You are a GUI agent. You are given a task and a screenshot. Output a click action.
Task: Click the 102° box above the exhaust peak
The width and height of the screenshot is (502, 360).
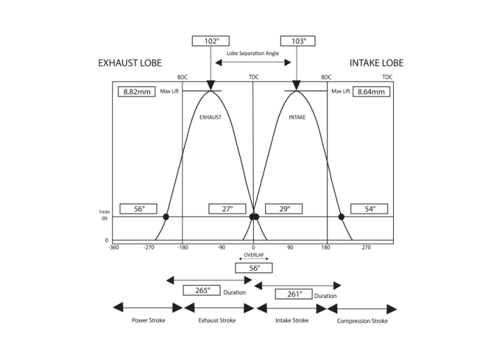click(x=211, y=41)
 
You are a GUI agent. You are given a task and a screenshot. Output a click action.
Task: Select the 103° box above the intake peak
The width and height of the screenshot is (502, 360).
click(x=298, y=41)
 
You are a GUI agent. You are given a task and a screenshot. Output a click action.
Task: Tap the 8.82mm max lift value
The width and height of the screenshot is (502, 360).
click(x=136, y=91)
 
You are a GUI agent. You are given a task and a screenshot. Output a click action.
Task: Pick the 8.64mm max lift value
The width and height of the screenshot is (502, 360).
click(x=371, y=91)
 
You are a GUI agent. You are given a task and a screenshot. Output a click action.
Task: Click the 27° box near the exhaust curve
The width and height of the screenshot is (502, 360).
click(x=227, y=209)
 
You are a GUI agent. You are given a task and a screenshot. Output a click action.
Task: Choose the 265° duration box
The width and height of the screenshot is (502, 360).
click(x=202, y=290)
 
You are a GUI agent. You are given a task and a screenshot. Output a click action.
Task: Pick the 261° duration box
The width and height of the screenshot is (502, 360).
click(x=294, y=294)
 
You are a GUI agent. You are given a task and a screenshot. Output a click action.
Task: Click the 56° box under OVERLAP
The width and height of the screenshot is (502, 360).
click(x=254, y=268)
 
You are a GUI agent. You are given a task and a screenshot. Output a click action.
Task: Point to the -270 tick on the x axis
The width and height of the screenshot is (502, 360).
click(x=149, y=247)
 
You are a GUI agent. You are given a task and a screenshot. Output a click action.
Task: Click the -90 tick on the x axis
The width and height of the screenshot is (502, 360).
click(x=220, y=247)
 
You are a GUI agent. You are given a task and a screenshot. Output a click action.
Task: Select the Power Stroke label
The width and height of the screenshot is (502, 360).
click(x=147, y=321)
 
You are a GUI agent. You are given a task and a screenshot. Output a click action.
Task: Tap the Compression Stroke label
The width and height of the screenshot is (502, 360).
click(x=362, y=321)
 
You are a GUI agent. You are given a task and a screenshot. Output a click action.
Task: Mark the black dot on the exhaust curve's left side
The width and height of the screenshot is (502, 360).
click(x=166, y=217)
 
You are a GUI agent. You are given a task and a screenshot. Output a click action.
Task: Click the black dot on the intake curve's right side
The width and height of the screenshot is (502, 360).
click(x=342, y=217)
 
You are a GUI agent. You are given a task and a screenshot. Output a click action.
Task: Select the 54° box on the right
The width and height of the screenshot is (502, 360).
click(x=371, y=209)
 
